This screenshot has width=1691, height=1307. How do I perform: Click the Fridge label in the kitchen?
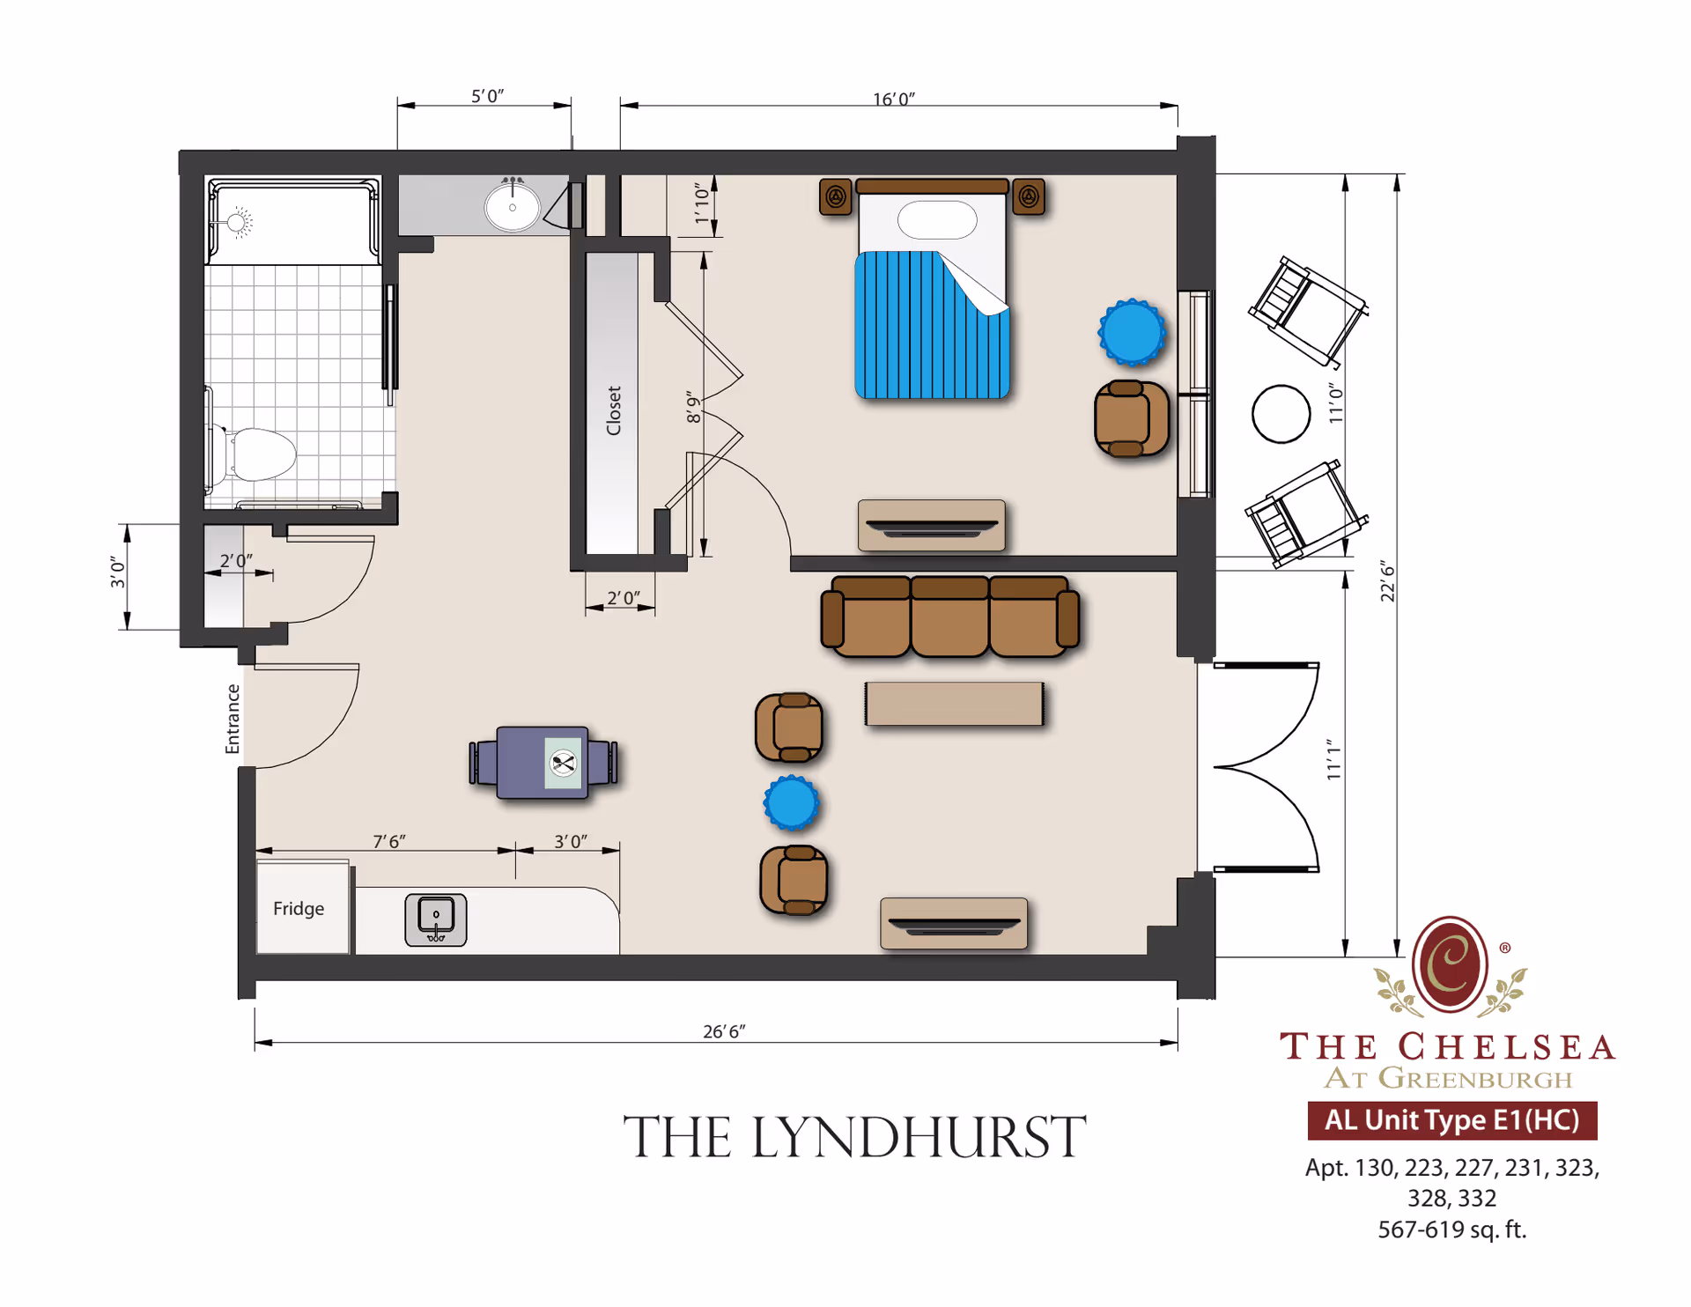(x=299, y=908)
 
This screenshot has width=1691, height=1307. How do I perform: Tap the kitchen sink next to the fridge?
(x=436, y=919)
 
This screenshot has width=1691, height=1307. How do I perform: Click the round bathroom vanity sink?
(x=513, y=207)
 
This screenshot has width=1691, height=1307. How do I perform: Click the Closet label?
(x=614, y=410)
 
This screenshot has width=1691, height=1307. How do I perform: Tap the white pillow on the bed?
(x=937, y=219)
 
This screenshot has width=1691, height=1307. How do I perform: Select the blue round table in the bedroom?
(x=1132, y=332)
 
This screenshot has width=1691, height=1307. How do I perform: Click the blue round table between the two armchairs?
(x=792, y=802)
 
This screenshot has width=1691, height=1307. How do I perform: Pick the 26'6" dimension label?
(x=724, y=1031)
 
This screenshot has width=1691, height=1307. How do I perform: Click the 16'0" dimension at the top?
(x=894, y=100)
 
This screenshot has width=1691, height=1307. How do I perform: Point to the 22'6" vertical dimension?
(x=1388, y=580)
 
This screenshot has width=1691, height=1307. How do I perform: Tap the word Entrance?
(x=233, y=719)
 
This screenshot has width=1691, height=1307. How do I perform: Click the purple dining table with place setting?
(x=543, y=763)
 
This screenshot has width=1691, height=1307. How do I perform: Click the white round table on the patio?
(x=1281, y=414)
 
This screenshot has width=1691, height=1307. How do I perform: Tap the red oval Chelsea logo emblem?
(x=1450, y=964)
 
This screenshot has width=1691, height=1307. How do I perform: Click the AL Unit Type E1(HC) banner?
(x=1451, y=1120)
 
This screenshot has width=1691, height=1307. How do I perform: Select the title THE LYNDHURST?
(x=854, y=1137)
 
